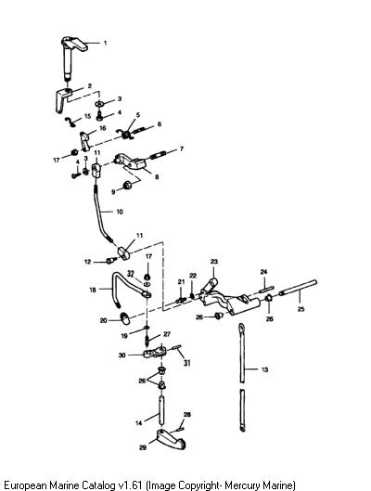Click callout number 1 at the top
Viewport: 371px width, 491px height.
click(x=105, y=43)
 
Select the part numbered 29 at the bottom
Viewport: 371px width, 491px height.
click(x=171, y=439)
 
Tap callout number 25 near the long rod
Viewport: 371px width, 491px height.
click(x=301, y=309)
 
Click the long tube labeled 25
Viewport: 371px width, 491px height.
click(x=298, y=288)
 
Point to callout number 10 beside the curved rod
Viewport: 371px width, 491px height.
click(x=120, y=212)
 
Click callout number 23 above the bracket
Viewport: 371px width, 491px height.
click(x=214, y=262)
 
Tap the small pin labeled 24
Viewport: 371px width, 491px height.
click(x=266, y=288)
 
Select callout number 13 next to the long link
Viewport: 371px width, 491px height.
click(x=264, y=369)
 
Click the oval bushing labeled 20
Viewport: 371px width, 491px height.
click(x=125, y=317)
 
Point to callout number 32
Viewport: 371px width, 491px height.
click(x=131, y=274)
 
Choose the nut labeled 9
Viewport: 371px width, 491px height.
click(x=127, y=185)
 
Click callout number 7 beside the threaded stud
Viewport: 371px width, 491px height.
click(x=182, y=149)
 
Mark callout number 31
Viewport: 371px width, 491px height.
click(x=186, y=363)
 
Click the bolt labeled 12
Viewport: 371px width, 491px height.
click(x=110, y=260)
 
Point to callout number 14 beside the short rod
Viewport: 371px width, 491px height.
click(x=138, y=423)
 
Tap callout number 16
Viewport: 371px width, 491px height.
click(x=103, y=128)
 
